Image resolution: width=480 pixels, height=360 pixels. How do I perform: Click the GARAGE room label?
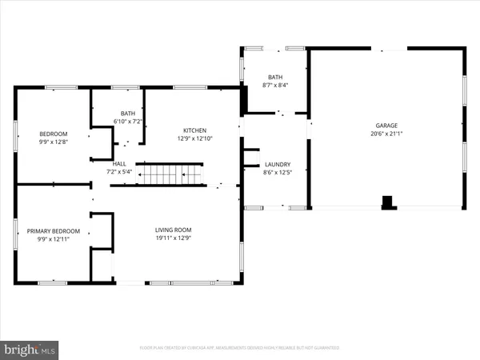(386, 126)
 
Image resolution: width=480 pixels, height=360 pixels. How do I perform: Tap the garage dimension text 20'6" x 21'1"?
(386, 134)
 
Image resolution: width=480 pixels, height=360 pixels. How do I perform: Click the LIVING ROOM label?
(174, 230)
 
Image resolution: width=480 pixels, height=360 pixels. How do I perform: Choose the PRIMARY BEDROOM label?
(53, 230)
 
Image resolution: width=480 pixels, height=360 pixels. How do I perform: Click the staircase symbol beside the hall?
(170, 174)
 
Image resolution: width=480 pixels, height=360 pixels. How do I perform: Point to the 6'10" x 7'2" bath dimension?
(127, 122)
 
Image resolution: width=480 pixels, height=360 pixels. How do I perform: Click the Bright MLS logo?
(30, 349)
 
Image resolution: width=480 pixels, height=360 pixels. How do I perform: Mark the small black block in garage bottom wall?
(388, 202)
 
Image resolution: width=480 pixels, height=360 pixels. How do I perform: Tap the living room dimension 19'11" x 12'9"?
(174, 238)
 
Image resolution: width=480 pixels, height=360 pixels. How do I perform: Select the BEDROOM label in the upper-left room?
(53, 134)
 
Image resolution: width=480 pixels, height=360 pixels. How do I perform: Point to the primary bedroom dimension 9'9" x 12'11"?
(53, 238)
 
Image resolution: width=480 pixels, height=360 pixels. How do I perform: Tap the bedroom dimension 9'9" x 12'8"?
(53, 142)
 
